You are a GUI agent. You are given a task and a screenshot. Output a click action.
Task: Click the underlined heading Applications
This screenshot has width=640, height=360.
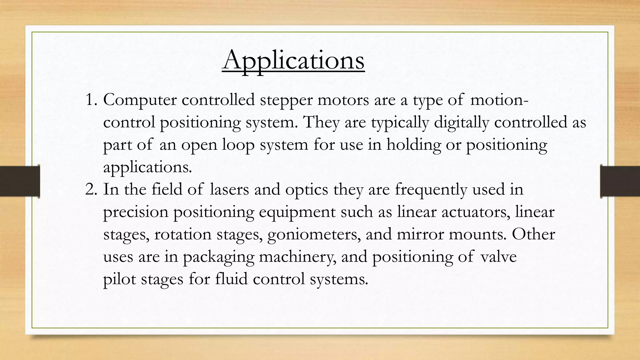[293, 60]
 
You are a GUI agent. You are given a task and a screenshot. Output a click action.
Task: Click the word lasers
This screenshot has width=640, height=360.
[229, 189]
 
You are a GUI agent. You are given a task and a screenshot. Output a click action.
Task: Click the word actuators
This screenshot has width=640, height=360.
[475, 212]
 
